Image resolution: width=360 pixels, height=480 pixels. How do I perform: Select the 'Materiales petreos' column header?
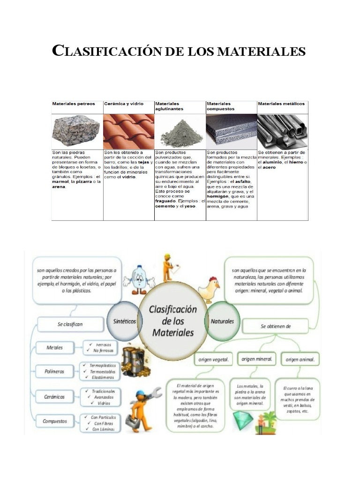pos(74,104)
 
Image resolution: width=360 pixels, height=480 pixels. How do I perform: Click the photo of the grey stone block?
pos(76,131)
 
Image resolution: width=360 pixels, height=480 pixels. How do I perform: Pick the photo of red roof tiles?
pos(128,131)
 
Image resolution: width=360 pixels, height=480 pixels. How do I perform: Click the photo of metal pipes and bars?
pos(283,131)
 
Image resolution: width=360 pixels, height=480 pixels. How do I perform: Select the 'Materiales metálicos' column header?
pos(281,104)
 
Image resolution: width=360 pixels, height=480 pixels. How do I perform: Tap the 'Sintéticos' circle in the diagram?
pos(125,322)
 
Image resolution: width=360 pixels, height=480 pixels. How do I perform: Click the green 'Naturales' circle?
pos(222,322)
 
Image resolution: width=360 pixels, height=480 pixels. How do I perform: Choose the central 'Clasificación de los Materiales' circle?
pos(172,321)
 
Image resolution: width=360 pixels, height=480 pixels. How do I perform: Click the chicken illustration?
pos(209,290)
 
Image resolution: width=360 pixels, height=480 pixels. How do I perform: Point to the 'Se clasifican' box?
pos(70,324)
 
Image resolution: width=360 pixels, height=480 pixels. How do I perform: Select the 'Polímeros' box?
pos(55,371)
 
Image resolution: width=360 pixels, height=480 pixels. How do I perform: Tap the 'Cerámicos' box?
pos(55,397)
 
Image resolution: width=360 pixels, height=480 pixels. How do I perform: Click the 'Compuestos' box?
pos(55,421)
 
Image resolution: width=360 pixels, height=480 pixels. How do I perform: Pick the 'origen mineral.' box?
pos(257,359)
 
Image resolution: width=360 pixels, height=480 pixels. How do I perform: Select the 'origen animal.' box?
pos(300,360)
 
